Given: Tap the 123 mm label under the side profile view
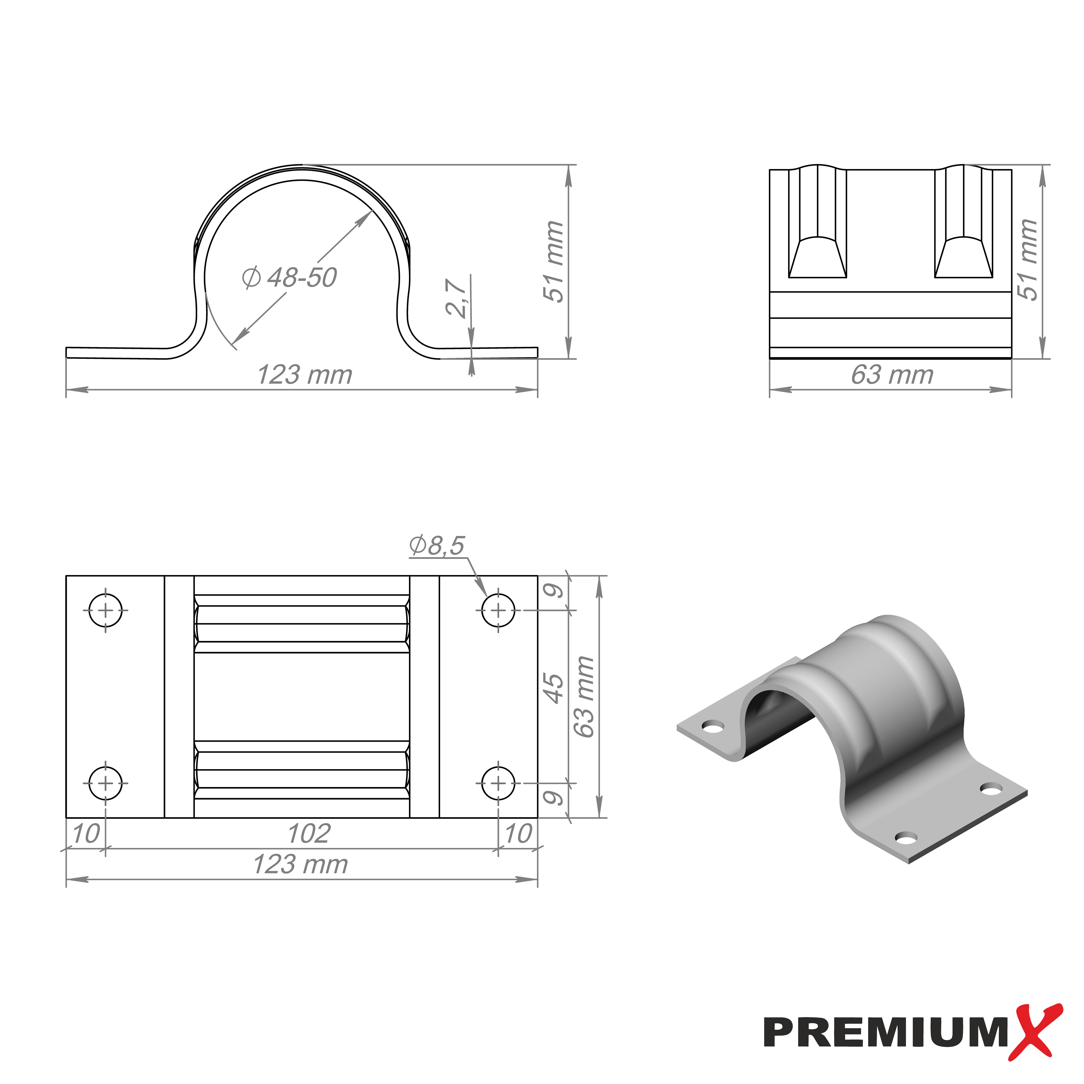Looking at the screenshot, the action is [305, 375].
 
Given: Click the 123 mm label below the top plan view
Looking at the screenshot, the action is [301, 864].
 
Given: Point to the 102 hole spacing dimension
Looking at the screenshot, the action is [309, 834].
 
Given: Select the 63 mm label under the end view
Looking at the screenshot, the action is [892, 375].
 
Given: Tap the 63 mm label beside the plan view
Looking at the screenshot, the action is [584, 696].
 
